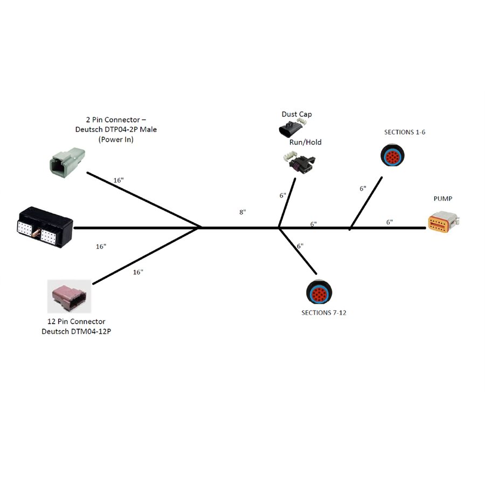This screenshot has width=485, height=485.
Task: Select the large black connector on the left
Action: (x=44, y=227)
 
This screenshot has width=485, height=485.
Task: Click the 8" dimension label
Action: (x=242, y=212)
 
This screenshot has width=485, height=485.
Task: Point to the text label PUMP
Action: (x=443, y=199)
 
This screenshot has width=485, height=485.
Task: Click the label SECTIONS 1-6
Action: (x=405, y=131)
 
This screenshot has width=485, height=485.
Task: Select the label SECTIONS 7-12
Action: (x=323, y=313)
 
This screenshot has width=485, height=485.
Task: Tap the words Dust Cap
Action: (x=296, y=114)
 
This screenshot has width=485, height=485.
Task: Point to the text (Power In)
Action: (x=115, y=139)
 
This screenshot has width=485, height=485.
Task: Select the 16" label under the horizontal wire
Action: (x=101, y=246)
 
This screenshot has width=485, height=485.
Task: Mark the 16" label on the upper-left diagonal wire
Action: (x=119, y=180)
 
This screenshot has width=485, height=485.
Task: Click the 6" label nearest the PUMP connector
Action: (x=389, y=221)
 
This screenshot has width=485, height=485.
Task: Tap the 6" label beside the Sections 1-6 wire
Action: (x=363, y=189)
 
